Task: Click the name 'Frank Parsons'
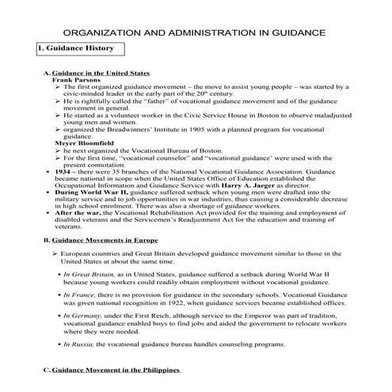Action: (74, 80)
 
